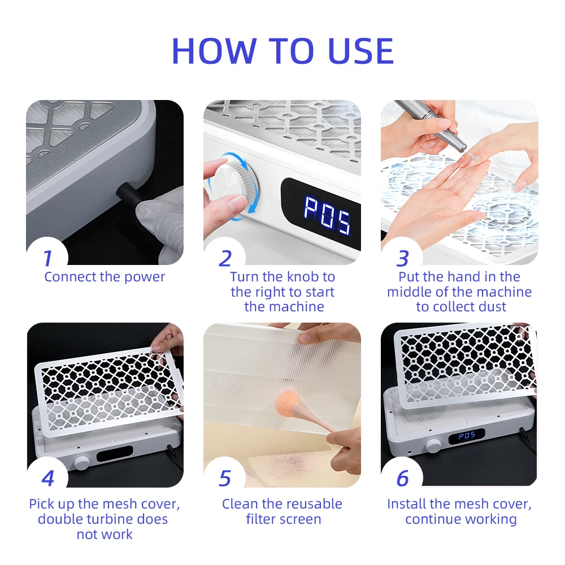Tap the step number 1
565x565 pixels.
pos(47,259)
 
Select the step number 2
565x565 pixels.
pos(225,259)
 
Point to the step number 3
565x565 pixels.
pos(402,259)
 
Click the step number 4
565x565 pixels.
pos(47,479)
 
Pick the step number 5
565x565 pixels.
pos(225,479)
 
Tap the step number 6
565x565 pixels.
pos(402,479)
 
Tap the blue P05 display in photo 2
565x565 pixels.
pos(327,215)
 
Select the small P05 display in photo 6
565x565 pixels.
pos(467,436)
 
